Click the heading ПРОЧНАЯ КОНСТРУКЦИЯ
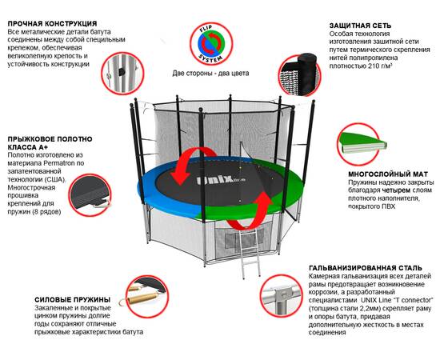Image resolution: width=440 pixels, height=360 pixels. click(x=53, y=23)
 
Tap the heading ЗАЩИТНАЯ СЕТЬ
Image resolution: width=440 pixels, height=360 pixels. click(x=360, y=26)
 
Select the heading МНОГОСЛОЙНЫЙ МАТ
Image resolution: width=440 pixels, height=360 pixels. click(x=388, y=174)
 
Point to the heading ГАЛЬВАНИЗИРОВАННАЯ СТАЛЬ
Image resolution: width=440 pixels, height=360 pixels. click(x=366, y=268)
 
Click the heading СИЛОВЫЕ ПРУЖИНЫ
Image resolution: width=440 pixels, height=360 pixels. click(x=72, y=300)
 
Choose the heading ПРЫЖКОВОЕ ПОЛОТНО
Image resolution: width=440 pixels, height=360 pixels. click(x=50, y=139)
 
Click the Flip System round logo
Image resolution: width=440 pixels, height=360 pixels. click(x=211, y=44)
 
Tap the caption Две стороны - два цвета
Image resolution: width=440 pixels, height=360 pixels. click(x=210, y=74)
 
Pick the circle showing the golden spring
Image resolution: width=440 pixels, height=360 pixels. click(x=146, y=297)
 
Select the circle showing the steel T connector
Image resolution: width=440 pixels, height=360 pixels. click(x=281, y=296)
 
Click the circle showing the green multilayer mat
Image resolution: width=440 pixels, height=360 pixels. click(x=359, y=144)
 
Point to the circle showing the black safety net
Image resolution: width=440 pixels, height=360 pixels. click(x=301, y=75)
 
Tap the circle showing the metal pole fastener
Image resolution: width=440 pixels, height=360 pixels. click(x=122, y=73)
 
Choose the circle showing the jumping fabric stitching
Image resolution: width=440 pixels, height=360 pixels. click(x=90, y=194)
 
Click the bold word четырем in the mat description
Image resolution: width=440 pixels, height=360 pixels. click(x=396, y=190)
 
